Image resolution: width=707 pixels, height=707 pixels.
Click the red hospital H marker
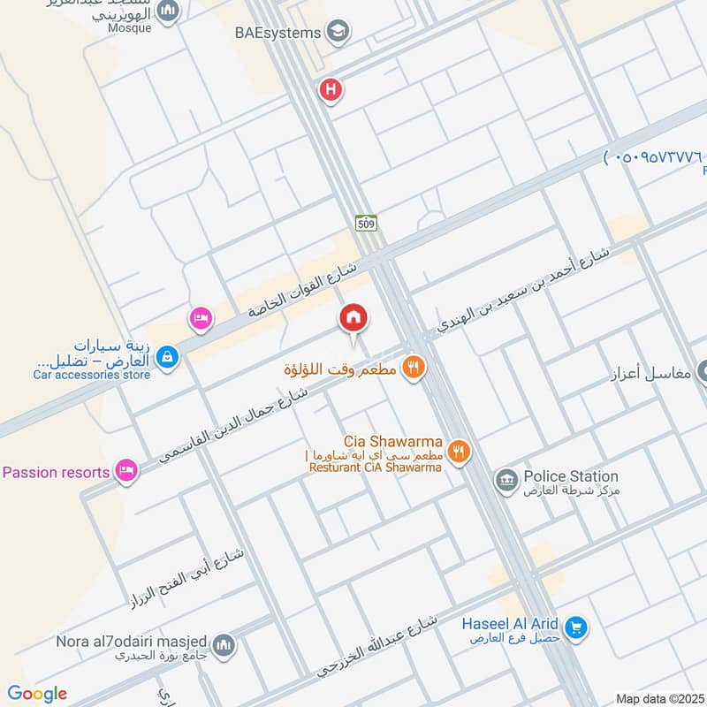(331, 89)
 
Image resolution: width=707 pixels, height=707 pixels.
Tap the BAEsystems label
(276, 34)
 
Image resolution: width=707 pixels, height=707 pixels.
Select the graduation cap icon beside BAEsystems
(336, 34)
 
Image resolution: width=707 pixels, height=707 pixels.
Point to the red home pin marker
(353, 317)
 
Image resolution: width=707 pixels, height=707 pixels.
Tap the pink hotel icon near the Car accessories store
(201, 318)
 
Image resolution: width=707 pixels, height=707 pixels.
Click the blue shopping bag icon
(166, 357)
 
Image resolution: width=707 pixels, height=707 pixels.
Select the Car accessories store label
(92, 375)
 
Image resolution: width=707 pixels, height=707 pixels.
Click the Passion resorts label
(56, 472)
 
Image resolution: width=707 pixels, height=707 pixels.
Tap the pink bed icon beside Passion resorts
(127, 471)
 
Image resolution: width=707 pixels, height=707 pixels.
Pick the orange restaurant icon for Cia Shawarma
(458, 452)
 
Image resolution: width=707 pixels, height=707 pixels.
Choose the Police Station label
(571, 476)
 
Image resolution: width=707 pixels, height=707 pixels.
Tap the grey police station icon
(506, 481)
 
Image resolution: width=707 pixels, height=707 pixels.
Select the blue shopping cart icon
(576, 628)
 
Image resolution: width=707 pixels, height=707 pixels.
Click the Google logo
(36, 694)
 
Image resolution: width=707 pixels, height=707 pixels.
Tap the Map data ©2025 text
(658, 698)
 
